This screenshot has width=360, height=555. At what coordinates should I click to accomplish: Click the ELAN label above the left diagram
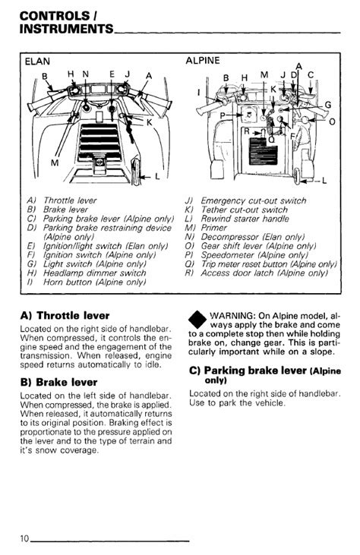point(37,61)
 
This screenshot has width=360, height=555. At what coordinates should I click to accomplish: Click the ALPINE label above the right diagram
point(203,61)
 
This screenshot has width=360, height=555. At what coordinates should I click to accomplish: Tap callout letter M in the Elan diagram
point(55,162)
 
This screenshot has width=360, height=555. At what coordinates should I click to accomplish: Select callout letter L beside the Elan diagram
point(156,175)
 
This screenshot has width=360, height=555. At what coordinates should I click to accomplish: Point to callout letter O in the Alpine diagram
point(332,122)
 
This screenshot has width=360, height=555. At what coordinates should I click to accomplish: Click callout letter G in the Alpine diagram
point(328,105)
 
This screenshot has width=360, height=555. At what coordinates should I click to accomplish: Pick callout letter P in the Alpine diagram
point(223,115)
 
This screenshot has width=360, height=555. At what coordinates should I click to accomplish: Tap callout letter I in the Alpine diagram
point(198,93)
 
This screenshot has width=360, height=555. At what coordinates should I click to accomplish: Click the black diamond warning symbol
point(197,320)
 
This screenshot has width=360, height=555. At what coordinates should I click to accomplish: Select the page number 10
point(24,538)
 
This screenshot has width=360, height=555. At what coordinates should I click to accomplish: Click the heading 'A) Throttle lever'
point(65,315)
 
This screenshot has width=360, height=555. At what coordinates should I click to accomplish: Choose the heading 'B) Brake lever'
point(58,382)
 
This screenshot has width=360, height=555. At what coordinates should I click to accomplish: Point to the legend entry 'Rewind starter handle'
point(245,219)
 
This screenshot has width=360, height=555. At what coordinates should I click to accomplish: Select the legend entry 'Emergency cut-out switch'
point(254,200)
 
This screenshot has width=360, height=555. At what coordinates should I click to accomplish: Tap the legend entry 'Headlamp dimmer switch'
point(94,273)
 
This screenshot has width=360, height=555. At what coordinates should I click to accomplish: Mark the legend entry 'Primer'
point(214,228)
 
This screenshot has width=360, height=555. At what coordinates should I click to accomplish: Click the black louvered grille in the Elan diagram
point(99,141)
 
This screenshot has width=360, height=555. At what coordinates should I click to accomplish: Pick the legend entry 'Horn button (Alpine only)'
point(94,282)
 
